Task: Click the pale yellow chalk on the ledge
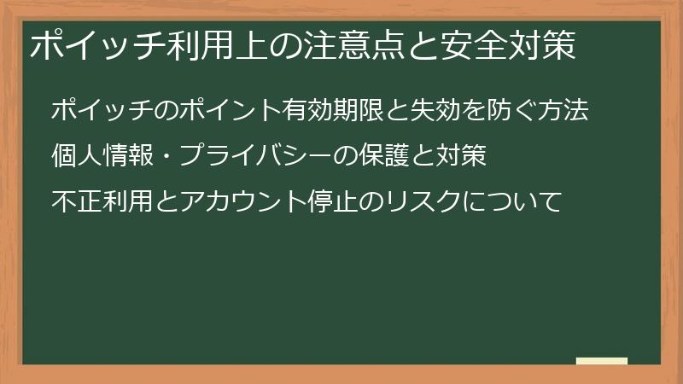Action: tap(601, 360)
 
